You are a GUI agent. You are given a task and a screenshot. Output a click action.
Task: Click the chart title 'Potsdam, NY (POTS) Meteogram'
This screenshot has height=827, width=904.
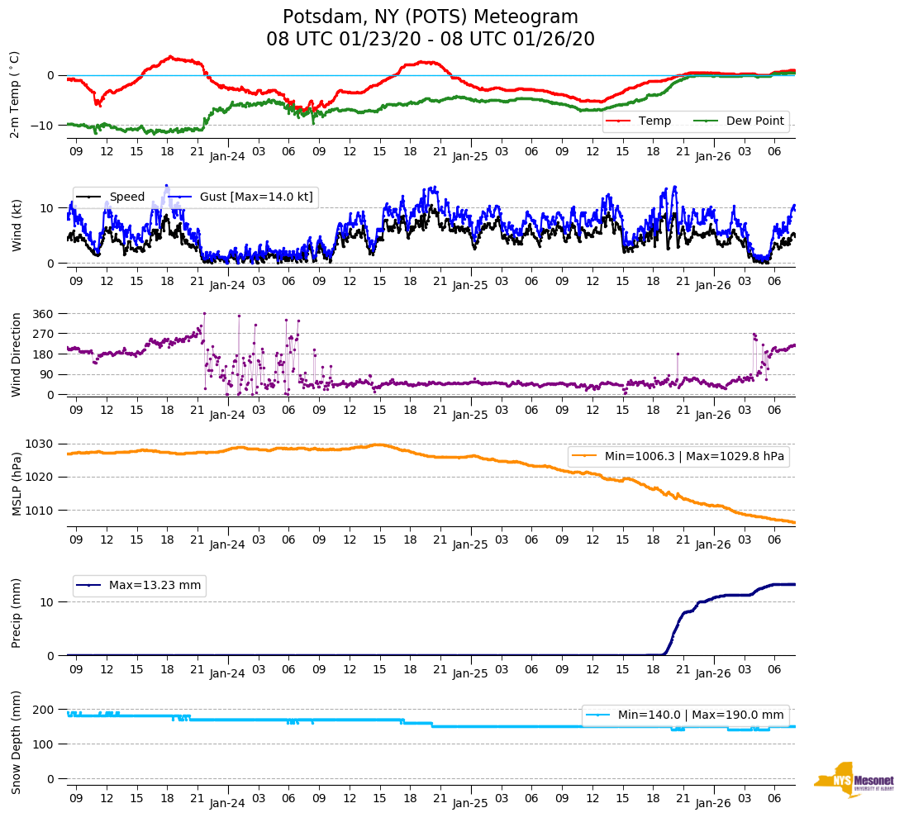pyautogui.click(x=431, y=17)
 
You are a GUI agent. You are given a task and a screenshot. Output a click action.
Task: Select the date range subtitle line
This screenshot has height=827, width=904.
pyautogui.click(x=431, y=40)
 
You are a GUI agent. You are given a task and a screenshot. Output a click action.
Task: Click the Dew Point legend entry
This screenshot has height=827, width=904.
pyautogui.click(x=754, y=121)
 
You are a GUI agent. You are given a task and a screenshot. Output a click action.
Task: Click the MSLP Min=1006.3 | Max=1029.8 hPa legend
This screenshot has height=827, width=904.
pyautogui.click(x=678, y=456)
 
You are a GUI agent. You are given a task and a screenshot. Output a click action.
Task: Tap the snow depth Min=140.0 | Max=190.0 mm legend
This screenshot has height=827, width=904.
pyautogui.click(x=685, y=715)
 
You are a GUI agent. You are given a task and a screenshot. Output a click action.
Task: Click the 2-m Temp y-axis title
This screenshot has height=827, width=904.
pyautogui.click(x=14, y=94)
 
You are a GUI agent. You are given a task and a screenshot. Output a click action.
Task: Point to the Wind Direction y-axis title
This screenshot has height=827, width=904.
pyautogui.click(x=17, y=354)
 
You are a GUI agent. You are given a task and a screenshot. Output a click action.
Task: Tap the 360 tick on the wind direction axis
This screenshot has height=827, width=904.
pyautogui.click(x=43, y=314)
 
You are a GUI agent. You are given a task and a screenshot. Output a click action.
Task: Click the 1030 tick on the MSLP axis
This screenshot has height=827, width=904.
pyautogui.click(x=40, y=444)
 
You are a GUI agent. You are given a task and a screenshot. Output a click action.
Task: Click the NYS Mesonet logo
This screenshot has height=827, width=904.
pyautogui.click(x=854, y=780)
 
